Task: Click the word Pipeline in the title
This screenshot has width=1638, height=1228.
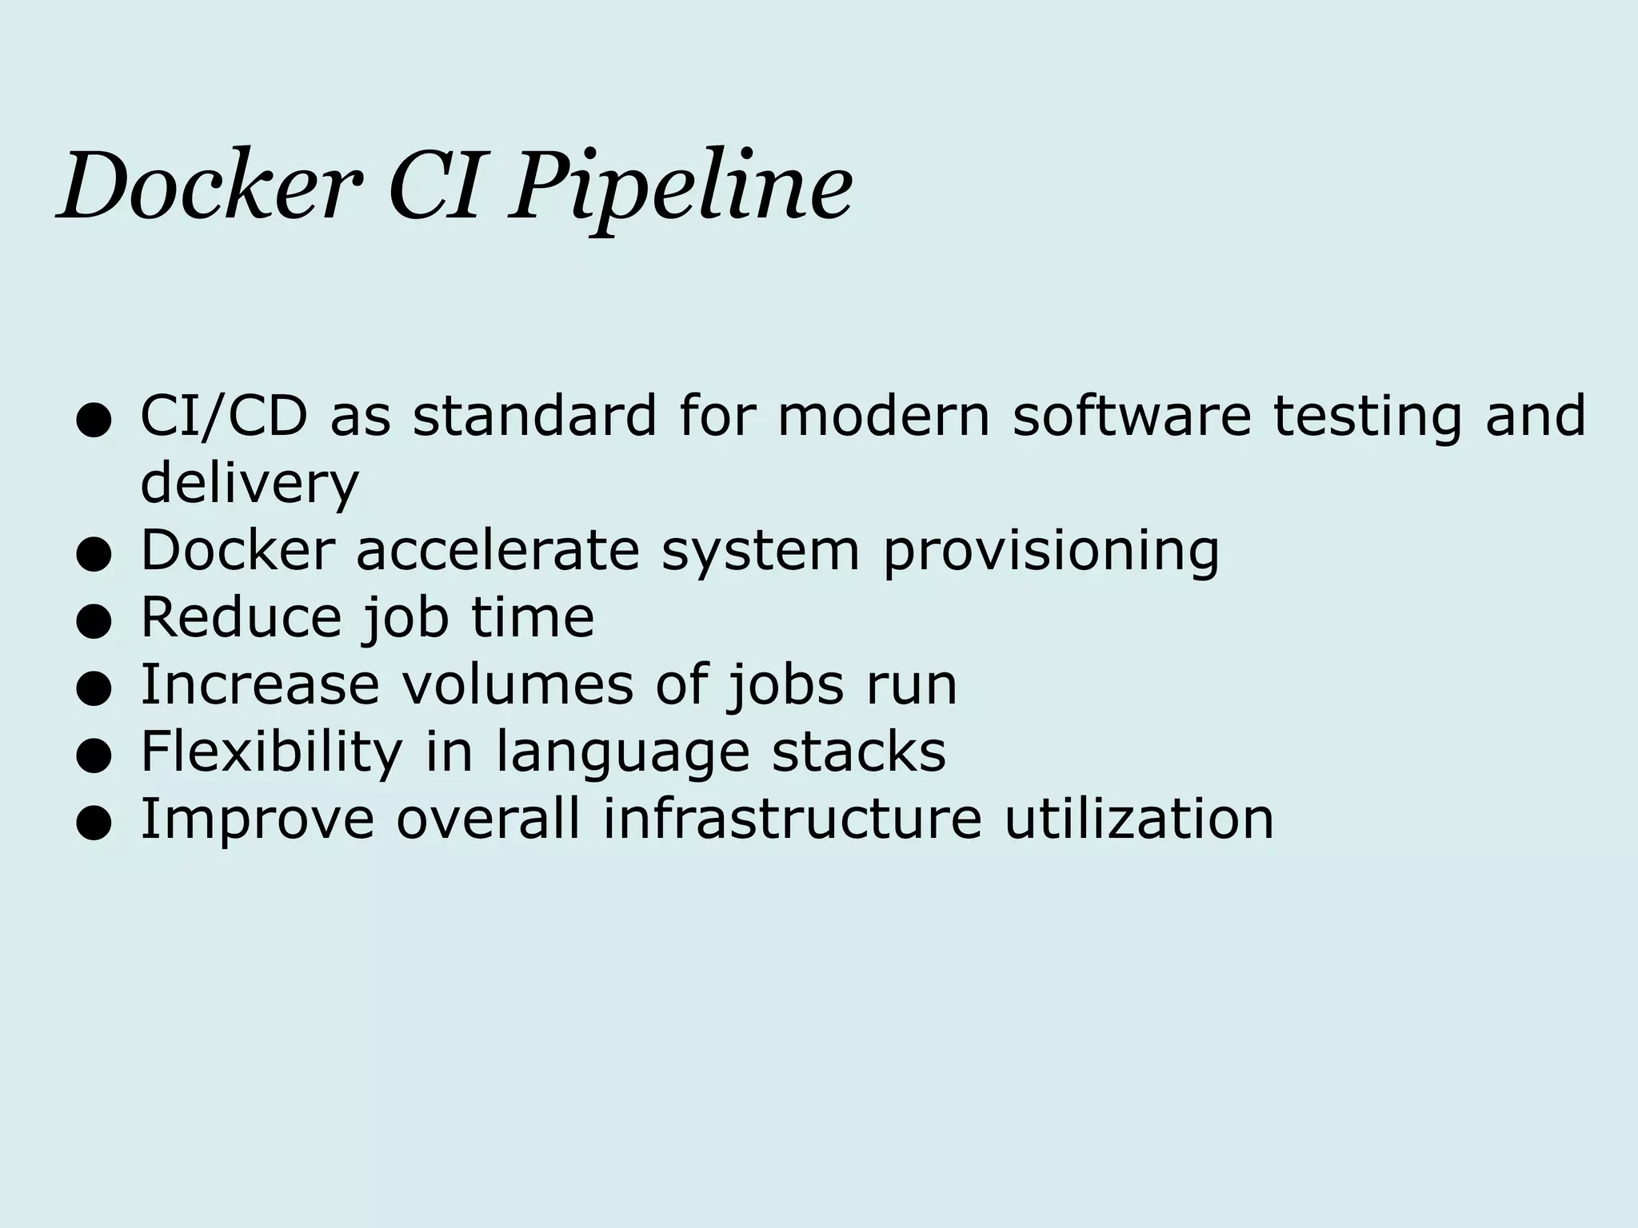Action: coord(681,189)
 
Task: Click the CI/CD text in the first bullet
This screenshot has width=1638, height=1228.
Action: coord(225,417)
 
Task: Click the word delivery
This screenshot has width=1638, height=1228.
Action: coord(250,484)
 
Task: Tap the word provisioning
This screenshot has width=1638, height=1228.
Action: coord(1051,552)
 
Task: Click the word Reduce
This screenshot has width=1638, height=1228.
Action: coord(241,617)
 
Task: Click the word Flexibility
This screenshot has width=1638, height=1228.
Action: coord(271,752)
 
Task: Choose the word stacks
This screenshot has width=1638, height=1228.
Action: coord(858,752)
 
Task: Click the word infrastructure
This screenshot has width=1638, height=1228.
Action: coord(793,819)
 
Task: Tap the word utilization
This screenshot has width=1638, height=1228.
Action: coord(1139,819)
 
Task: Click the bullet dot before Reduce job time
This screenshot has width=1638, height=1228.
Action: coord(93,623)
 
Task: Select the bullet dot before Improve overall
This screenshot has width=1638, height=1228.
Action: coord(93,824)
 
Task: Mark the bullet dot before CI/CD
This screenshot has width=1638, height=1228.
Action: coord(93,422)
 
